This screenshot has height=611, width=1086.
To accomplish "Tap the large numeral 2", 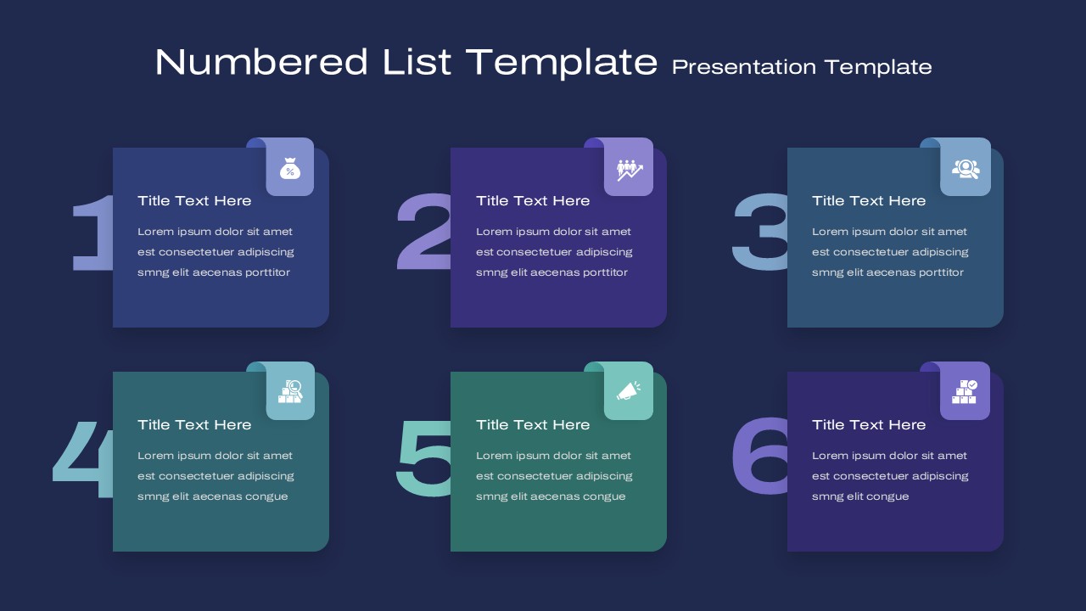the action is coord(424,232).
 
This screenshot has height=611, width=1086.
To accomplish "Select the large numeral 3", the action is coord(760,232).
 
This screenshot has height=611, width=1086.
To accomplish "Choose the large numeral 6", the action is coord(759,456).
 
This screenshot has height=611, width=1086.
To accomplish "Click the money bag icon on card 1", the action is coord(290,169).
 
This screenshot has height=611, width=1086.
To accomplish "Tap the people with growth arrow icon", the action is coord(630,171).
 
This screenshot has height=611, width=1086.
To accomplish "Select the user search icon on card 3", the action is coord(966,169).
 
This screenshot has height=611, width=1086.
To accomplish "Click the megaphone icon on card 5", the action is coord(629,391).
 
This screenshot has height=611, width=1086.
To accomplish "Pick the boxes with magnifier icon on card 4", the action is coord(290,392).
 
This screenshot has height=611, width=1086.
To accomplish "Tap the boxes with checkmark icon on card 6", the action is coord(965,392).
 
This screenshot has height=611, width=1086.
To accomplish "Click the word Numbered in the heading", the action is coord(261,62).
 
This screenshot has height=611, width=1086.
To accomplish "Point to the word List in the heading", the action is coord(417,62).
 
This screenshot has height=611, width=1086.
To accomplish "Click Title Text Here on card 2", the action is coord(533,201).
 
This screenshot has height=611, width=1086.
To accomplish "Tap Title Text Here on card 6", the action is coord(869,425).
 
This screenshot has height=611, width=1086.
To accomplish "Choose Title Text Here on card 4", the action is coord(194,425).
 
